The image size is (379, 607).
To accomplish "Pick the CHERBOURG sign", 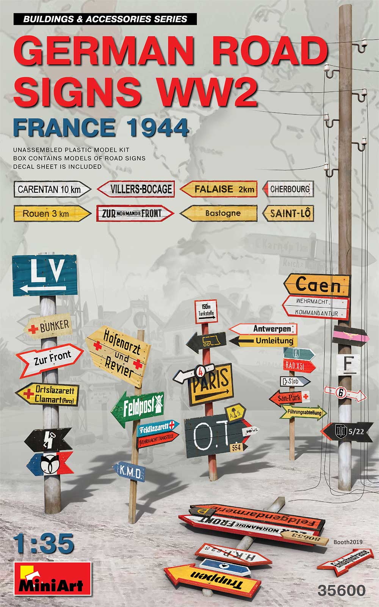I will pyautogui.click(x=289, y=189).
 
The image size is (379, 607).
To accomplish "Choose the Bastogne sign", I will pyautogui.click(x=220, y=213).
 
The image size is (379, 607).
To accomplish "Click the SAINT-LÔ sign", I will pyautogui.click(x=289, y=213).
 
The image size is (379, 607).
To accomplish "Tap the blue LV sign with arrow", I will pyautogui.click(x=45, y=275).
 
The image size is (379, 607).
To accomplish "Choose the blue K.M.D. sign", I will pyautogui.click(x=129, y=472).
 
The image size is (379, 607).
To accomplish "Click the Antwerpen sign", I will pyautogui.click(x=265, y=329).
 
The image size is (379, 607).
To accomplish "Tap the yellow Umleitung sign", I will pyautogui.click(x=265, y=341).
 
